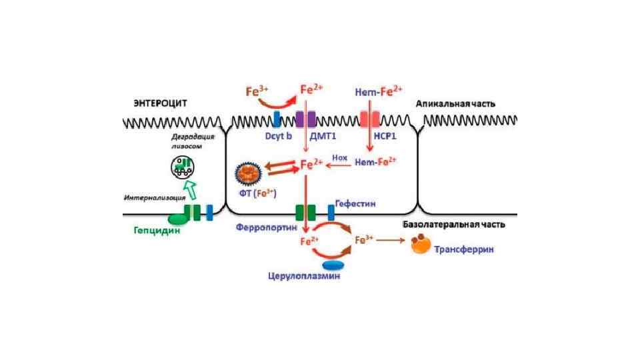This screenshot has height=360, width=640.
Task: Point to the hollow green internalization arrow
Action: coord(191,190)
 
